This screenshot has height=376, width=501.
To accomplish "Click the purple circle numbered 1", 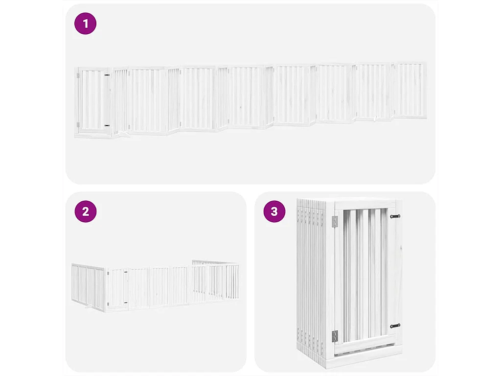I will tap(86, 23).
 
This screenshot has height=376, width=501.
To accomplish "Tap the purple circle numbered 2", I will tap(86, 211).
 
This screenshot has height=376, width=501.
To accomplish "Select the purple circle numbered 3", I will tap(274, 211).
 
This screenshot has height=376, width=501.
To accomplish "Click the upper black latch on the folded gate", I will tap(395, 216).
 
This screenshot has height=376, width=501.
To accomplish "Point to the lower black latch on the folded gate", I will tap(395, 326).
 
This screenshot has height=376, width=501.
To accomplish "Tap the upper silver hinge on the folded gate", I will tap(335, 221).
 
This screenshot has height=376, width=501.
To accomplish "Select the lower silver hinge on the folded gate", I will tap(335, 336).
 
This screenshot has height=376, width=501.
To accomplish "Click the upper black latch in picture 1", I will tap(107, 75).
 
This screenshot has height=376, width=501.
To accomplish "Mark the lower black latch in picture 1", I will tap(107, 125).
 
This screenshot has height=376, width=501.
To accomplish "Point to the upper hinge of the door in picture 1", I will tap(77, 75).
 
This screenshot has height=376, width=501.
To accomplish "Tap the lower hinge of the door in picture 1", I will tap(77, 125).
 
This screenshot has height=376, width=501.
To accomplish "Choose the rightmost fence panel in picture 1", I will tap(410, 90).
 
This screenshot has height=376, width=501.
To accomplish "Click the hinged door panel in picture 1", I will tap(92, 100).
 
